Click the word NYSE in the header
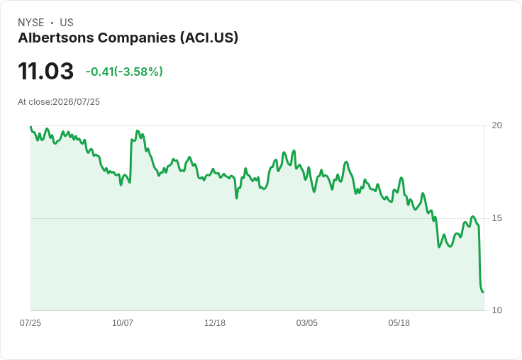point(31,23)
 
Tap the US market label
point(67,23)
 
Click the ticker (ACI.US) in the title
point(209,38)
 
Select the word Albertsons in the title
point(56,38)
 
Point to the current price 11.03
point(45,71)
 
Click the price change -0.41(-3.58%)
point(124,72)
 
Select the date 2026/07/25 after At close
point(76,102)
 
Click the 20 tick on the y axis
point(496,125)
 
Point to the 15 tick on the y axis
point(496,218)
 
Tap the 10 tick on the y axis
point(496,310)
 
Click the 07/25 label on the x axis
point(30,322)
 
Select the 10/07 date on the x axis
point(123,322)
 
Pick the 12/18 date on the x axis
point(215,322)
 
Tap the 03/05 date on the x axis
point(307,322)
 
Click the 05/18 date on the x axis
point(399,322)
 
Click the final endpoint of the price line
point(484,292)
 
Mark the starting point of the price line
point(30,126)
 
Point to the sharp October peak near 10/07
point(138,131)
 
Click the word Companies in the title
point(137,38)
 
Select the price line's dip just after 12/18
point(237,198)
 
